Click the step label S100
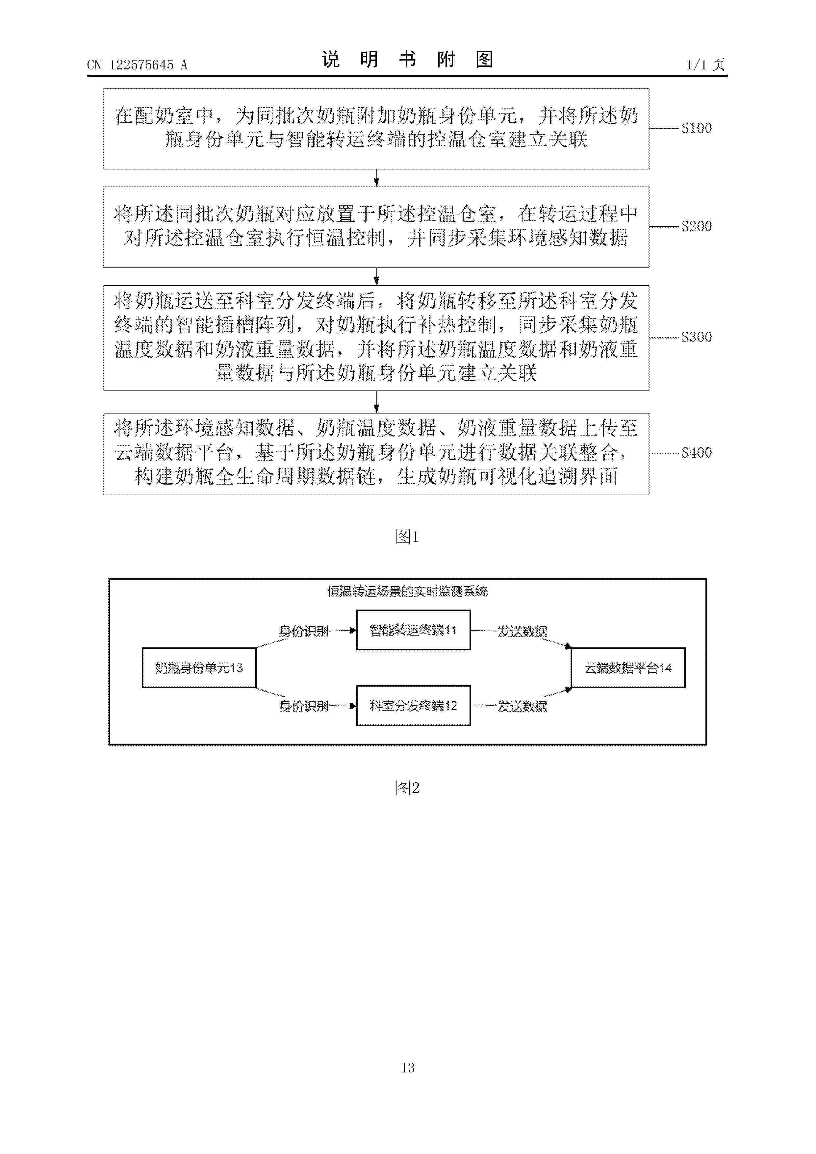coord(696,128)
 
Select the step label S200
coord(696,226)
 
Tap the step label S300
coord(696,337)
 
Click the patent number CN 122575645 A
coord(137,65)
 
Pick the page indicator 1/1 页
coord(705,64)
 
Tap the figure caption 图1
coord(407,537)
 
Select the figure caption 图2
coord(407,788)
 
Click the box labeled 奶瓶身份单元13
coord(199,667)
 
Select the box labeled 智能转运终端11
coord(413,630)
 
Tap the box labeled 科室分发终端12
coord(413,706)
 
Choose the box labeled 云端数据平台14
coord(628,667)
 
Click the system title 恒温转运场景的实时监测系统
coord(407,591)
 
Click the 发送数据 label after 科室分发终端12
coord(522,707)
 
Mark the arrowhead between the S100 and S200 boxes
coord(376,183)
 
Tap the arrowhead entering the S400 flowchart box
coord(376,409)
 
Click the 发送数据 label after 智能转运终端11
coord(522,631)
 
